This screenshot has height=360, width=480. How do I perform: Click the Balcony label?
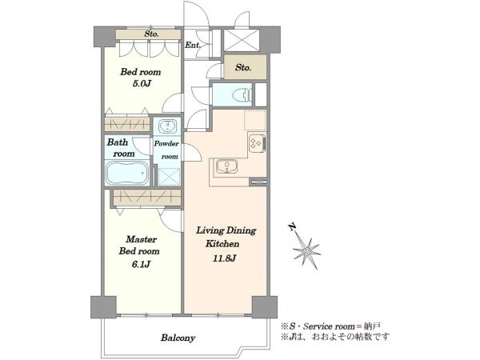click(178, 338)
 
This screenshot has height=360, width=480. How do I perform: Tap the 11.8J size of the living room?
click(224, 258)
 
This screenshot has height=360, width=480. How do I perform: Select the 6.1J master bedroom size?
click(141, 264)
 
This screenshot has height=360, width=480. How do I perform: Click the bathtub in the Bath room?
click(127, 173)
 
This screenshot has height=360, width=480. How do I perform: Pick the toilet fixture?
click(242, 95)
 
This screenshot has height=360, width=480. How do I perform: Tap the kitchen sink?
click(227, 167)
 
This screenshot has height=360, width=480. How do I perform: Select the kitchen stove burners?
click(257, 143)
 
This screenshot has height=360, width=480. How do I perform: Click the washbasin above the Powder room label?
click(167, 126)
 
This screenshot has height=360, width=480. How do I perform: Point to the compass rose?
click(306, 250)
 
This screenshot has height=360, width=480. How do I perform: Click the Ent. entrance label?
click(193, 46)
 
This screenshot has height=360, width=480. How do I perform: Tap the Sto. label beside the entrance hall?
click(243, 67)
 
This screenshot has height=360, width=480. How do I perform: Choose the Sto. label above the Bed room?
click(151, 34)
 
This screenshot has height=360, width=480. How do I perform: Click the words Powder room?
click(167, 150)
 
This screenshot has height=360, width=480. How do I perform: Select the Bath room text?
click(122, 148)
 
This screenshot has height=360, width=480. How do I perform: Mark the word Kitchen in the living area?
click(222, 244)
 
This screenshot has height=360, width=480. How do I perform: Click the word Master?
click(142, 239)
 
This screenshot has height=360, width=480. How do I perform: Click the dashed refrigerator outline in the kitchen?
click(255, 120)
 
